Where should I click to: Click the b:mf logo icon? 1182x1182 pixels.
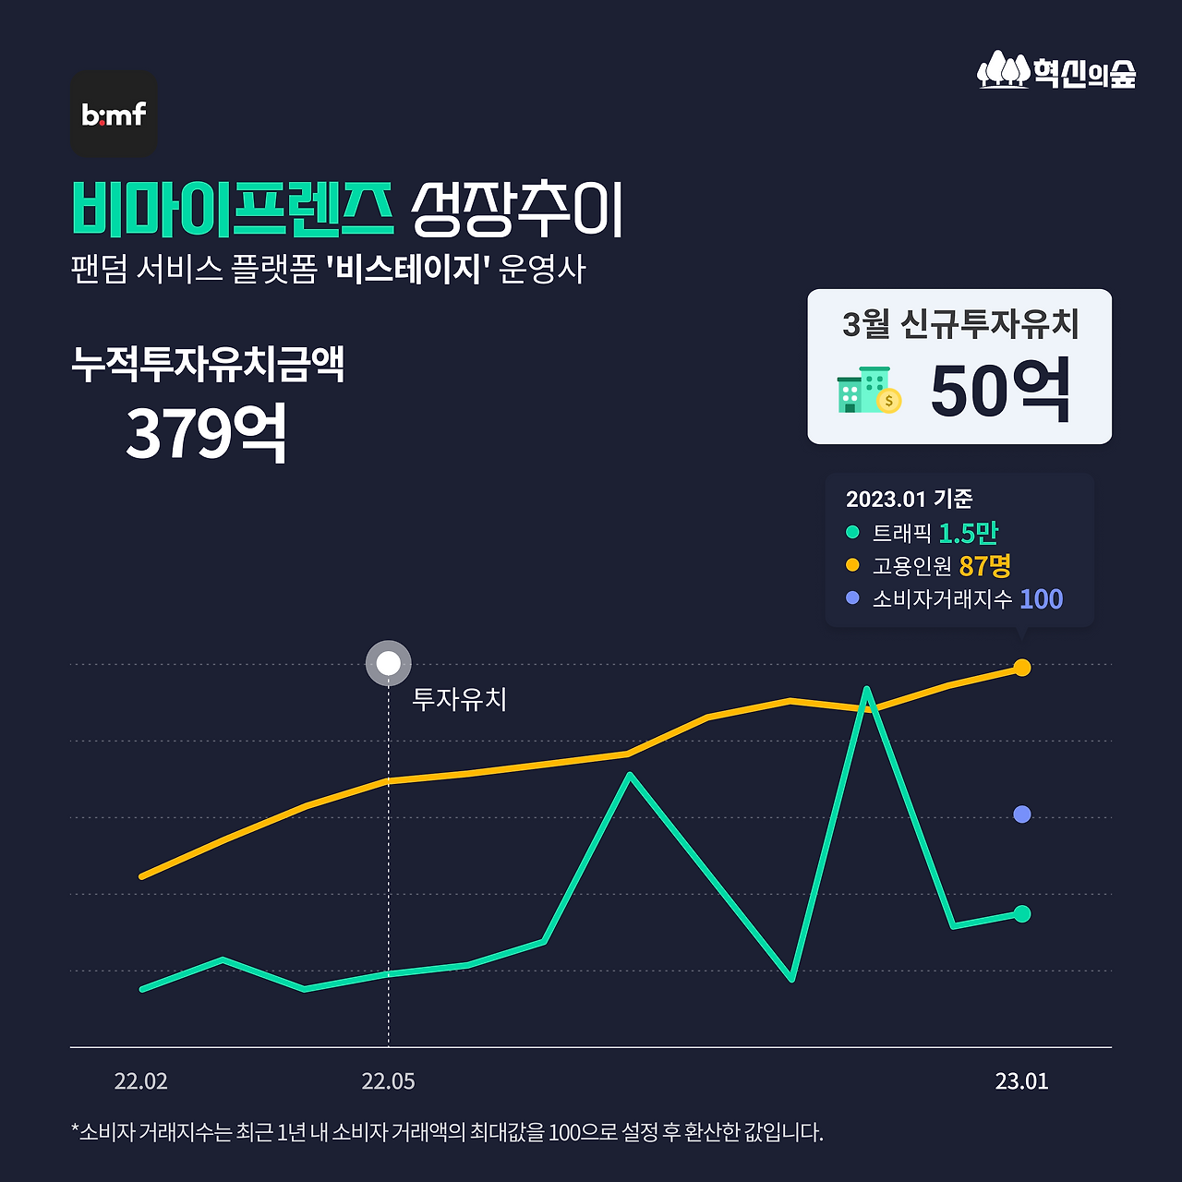[x=114, y=114]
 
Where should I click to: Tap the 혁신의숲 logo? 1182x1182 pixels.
[x=1056, y=71]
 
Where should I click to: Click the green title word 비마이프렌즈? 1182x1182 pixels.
[x=233, y=209]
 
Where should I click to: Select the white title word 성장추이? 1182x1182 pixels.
[x=517, y=209]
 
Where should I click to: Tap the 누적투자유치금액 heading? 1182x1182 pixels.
[x=208, y=364]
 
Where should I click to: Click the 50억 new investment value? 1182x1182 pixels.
[x=1000, y=392]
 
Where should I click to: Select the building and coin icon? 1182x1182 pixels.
[x=869, y=391]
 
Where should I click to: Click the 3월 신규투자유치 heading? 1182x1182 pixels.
[x=960, y=324]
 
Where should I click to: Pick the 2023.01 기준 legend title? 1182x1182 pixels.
[x=909, y=499]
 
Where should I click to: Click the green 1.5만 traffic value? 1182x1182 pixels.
[x=968, y=533]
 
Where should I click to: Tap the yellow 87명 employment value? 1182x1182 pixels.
[x=984, y=565]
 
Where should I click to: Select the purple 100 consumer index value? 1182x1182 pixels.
[x=1041, y=599]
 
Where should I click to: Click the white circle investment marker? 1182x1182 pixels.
[x=389, y=663]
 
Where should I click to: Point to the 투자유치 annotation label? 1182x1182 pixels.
[x=459, y=699]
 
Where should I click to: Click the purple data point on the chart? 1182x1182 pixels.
[x=1021, y=814]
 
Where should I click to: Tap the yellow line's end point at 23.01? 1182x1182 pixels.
[x=1021, y=668]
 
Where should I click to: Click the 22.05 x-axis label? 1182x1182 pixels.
[x=388, y=1081]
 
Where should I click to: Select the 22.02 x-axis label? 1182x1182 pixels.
[x=140, y=1081]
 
